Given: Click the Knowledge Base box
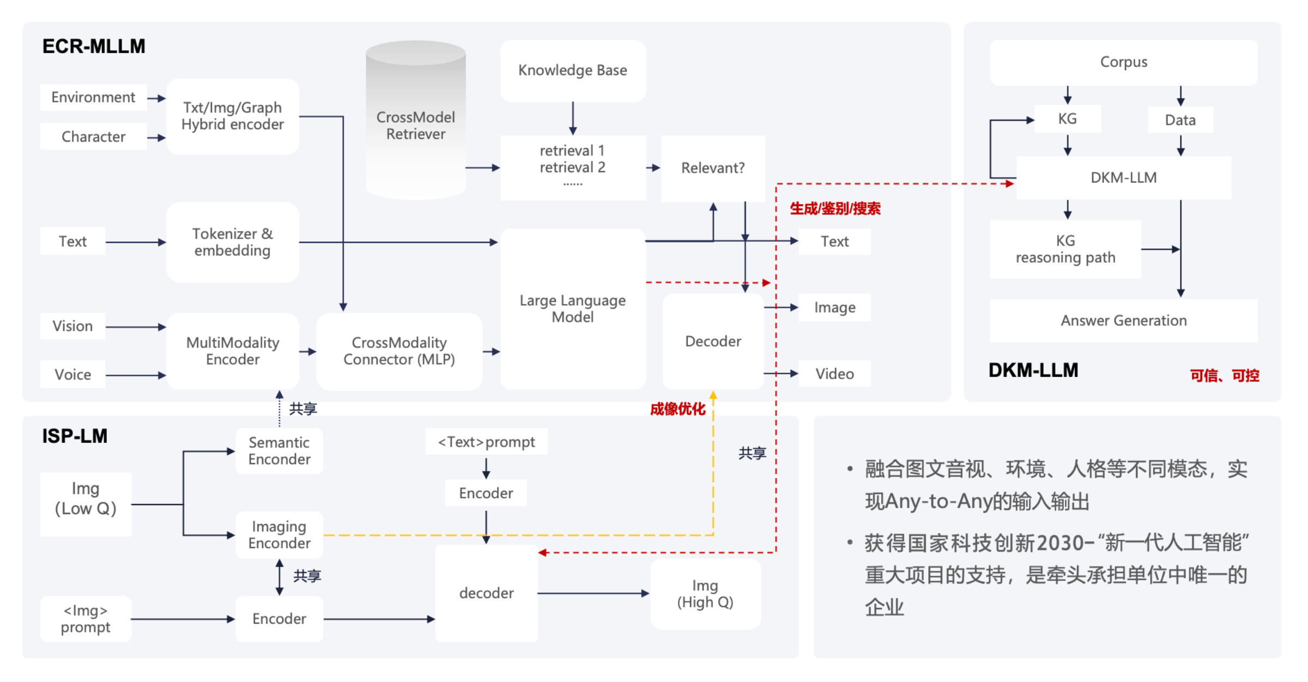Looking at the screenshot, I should [573, 70].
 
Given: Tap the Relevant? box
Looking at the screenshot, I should [713, 168].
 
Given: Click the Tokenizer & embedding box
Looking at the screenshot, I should [233, 242].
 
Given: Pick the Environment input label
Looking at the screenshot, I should [93, 98].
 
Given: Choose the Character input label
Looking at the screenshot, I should [93, 137].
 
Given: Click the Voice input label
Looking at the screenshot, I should [72, 375].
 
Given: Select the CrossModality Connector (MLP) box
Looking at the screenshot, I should [399, 351].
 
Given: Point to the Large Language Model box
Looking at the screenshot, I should [573, 309].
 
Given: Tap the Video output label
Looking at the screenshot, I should [834, 374].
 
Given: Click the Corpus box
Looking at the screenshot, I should [1123, 62].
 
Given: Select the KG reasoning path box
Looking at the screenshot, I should [1065, 249].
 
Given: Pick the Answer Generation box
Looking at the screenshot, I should [1123, 321].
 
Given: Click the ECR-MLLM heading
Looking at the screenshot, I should [94, 46].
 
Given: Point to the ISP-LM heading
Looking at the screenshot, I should [75, 436].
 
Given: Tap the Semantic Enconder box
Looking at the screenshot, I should [279, 451].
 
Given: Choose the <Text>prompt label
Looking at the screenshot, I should [486, 442].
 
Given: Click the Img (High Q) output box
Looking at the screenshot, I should [705, 594].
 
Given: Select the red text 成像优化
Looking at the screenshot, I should [677, 409].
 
